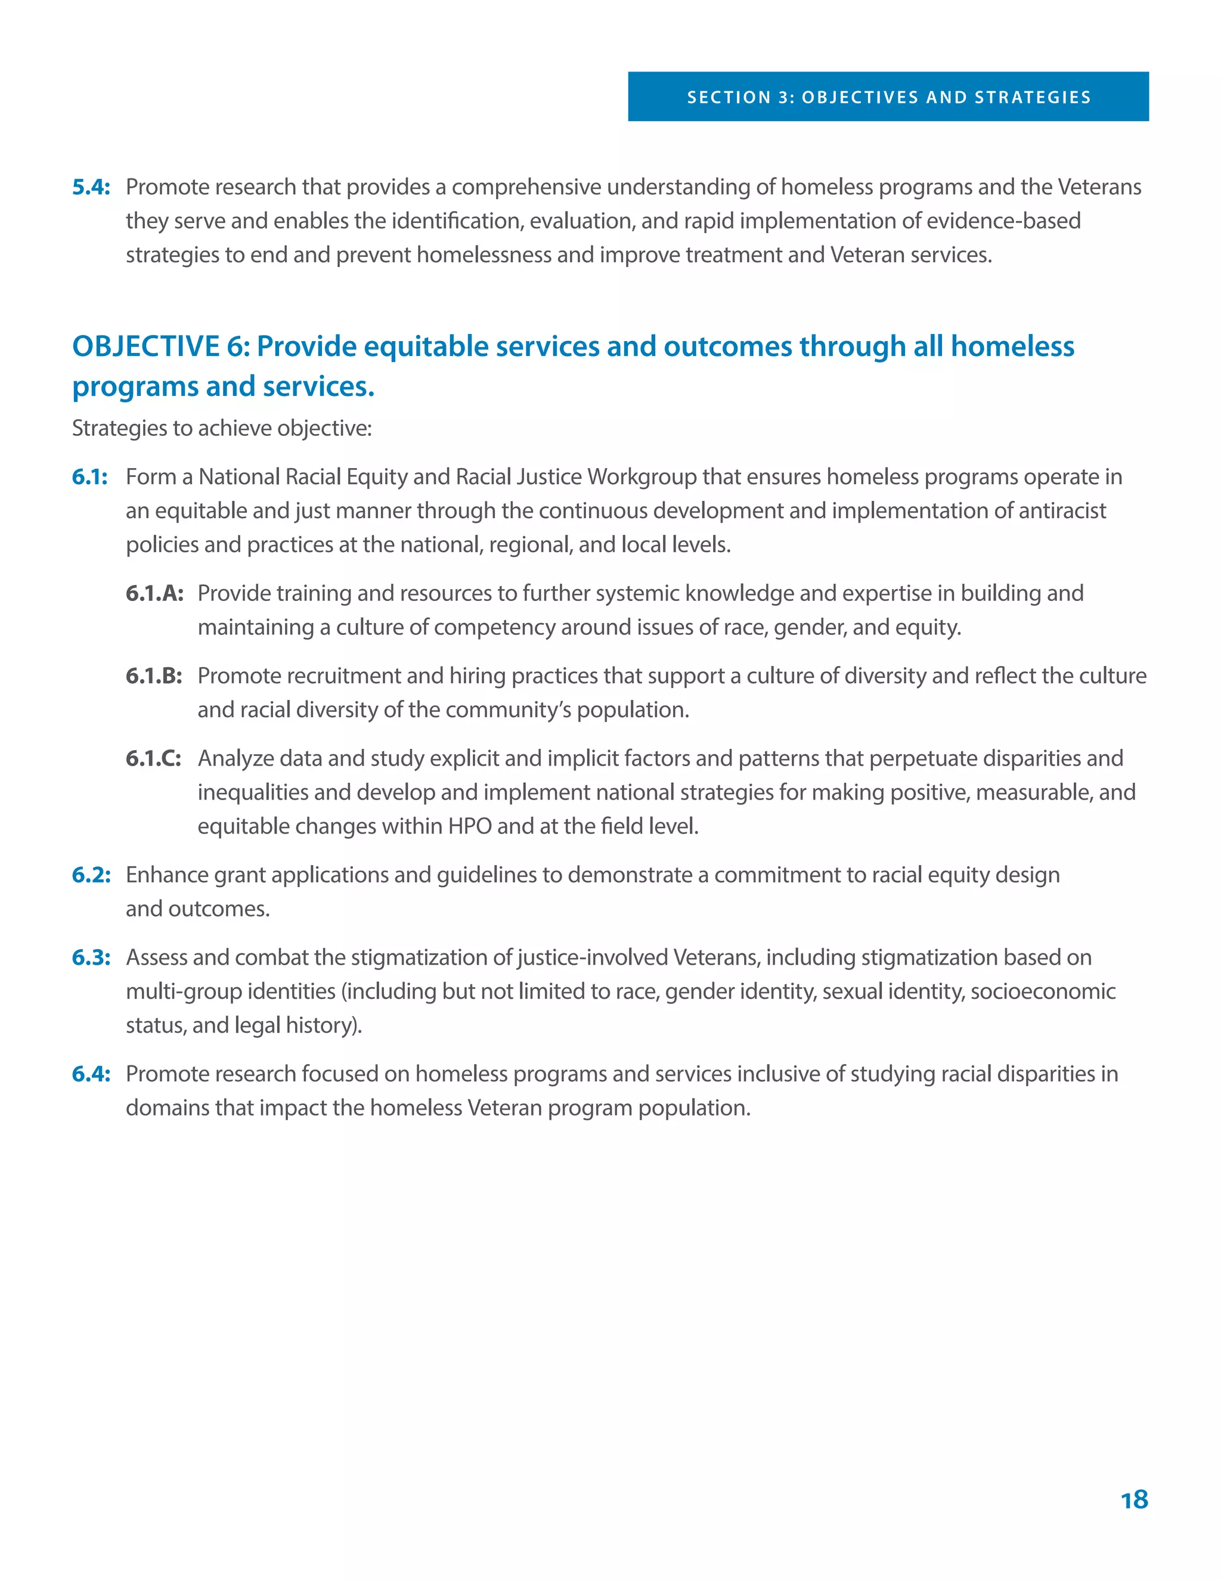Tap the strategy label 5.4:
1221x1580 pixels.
point(91,187)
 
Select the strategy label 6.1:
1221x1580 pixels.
point(89,477)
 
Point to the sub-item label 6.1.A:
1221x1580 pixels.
point(154,593)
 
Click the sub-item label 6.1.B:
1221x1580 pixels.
point(153,676)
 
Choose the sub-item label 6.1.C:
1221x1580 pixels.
point(153,758)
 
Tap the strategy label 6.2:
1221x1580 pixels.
point(91,875)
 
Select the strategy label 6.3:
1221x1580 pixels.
point(91,957)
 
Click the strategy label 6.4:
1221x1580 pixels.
point(91,1074)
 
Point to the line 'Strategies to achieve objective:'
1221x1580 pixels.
point(221,428)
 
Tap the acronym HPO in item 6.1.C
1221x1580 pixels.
point(469,826)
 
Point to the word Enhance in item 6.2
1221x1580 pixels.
point(163,875)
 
